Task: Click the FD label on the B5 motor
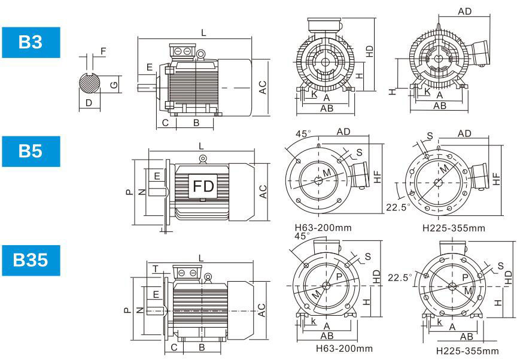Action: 203,187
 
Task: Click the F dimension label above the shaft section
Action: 104,51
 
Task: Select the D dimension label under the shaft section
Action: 89,103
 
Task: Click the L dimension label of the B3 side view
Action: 203,33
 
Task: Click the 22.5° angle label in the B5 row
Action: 398,208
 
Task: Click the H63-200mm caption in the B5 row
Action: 324,228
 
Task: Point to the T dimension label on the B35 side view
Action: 155,269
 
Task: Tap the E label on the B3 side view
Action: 150,68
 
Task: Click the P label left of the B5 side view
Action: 128,193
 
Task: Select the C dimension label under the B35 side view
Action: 174,347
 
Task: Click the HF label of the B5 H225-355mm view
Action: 495,177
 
